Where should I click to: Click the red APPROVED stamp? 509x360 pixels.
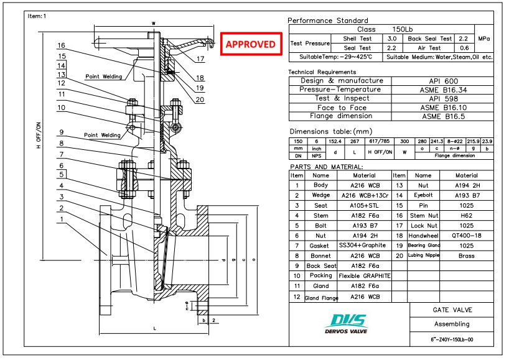coord(250,44)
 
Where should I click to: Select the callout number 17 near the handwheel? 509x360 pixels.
coord(199,60)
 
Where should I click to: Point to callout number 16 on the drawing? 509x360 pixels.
coord(61,45)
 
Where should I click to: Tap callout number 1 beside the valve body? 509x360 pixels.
coord(61,219)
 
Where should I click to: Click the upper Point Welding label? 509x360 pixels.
coord(103,76)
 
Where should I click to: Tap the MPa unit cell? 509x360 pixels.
coord(483,39)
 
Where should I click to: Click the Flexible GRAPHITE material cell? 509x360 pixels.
coord(364,275)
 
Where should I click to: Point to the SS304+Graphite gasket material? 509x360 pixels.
coord(364,246)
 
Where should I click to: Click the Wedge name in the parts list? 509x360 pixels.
coord(320,195)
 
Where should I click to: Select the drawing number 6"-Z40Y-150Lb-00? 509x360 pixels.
coord(452,339)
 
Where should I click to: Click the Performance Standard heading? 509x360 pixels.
coord(328,21)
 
